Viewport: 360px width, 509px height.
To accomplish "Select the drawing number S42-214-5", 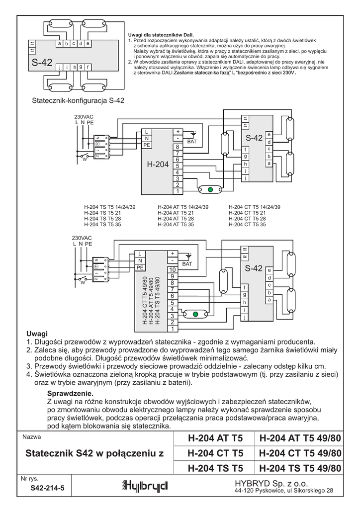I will [x=47, y=488].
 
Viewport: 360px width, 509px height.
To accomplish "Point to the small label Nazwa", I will [x=30, y=438].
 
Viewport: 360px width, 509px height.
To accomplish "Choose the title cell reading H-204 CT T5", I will [x=215, y=453].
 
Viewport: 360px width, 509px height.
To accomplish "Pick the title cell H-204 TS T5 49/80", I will [x=300, y=468].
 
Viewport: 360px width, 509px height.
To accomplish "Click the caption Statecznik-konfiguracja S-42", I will [x=78, y=100].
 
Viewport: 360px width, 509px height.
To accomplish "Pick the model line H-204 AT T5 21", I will [x=176, y=213].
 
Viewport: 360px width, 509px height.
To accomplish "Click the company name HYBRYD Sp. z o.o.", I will [x=271, y=483].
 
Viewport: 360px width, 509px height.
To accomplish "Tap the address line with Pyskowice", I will [x=283, y=491].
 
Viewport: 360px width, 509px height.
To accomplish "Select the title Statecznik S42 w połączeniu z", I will [x=94, y=453].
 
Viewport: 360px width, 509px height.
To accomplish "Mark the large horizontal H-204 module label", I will [x=158, y=164].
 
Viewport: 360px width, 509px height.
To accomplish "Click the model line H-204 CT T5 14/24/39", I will [x=255, y=207].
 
